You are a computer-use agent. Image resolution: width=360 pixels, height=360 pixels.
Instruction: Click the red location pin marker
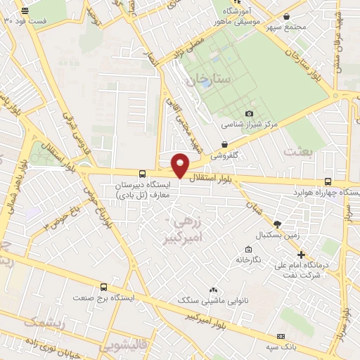pos(181,165)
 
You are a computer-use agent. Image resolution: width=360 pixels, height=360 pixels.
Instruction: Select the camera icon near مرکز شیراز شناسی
pos(249,113)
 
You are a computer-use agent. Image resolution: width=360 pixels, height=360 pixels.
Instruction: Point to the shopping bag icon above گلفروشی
pos(224,143)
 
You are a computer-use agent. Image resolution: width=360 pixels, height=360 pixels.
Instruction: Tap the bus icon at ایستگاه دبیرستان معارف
pos(143,173)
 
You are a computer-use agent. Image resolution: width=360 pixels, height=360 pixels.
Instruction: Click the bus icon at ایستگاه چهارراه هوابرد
pos(328,181)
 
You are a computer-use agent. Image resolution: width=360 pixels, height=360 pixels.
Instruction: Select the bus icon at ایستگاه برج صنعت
pos(104,287)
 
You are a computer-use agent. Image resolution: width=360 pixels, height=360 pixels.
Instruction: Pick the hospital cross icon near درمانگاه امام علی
pos(301,255)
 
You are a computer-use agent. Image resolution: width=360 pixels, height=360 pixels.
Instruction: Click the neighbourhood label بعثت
pos(296,152)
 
